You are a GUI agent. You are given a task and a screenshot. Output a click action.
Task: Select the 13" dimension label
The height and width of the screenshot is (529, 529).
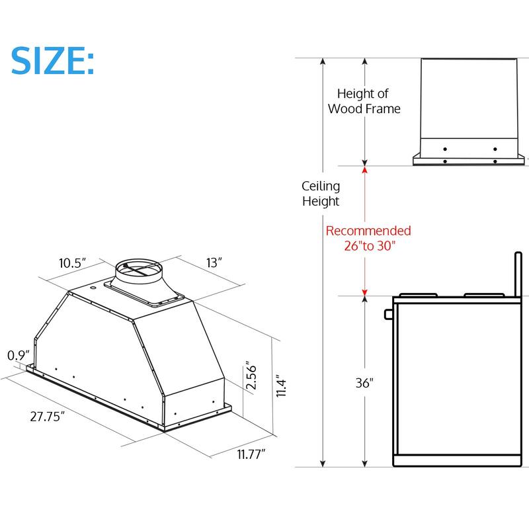tap(214, 263)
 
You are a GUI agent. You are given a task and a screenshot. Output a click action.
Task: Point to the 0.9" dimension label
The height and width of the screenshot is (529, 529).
tap(17, 356)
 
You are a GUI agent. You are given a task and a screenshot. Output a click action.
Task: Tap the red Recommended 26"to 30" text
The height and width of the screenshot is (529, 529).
tap(368, 238)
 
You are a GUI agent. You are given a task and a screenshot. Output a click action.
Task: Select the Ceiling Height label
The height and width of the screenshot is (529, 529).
tap(321, 194)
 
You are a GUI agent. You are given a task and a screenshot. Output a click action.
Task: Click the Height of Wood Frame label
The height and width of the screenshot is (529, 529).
tap(364, 101)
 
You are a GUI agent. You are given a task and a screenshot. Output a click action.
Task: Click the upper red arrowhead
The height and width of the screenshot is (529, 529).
tap(364, 170)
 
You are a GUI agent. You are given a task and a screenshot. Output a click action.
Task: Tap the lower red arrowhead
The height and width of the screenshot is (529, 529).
tap(364, 292)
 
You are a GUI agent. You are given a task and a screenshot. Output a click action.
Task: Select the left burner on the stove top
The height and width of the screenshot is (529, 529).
tap(418, 294)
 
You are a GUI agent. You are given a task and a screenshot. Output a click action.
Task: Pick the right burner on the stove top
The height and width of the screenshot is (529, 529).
tap(481, 294)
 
